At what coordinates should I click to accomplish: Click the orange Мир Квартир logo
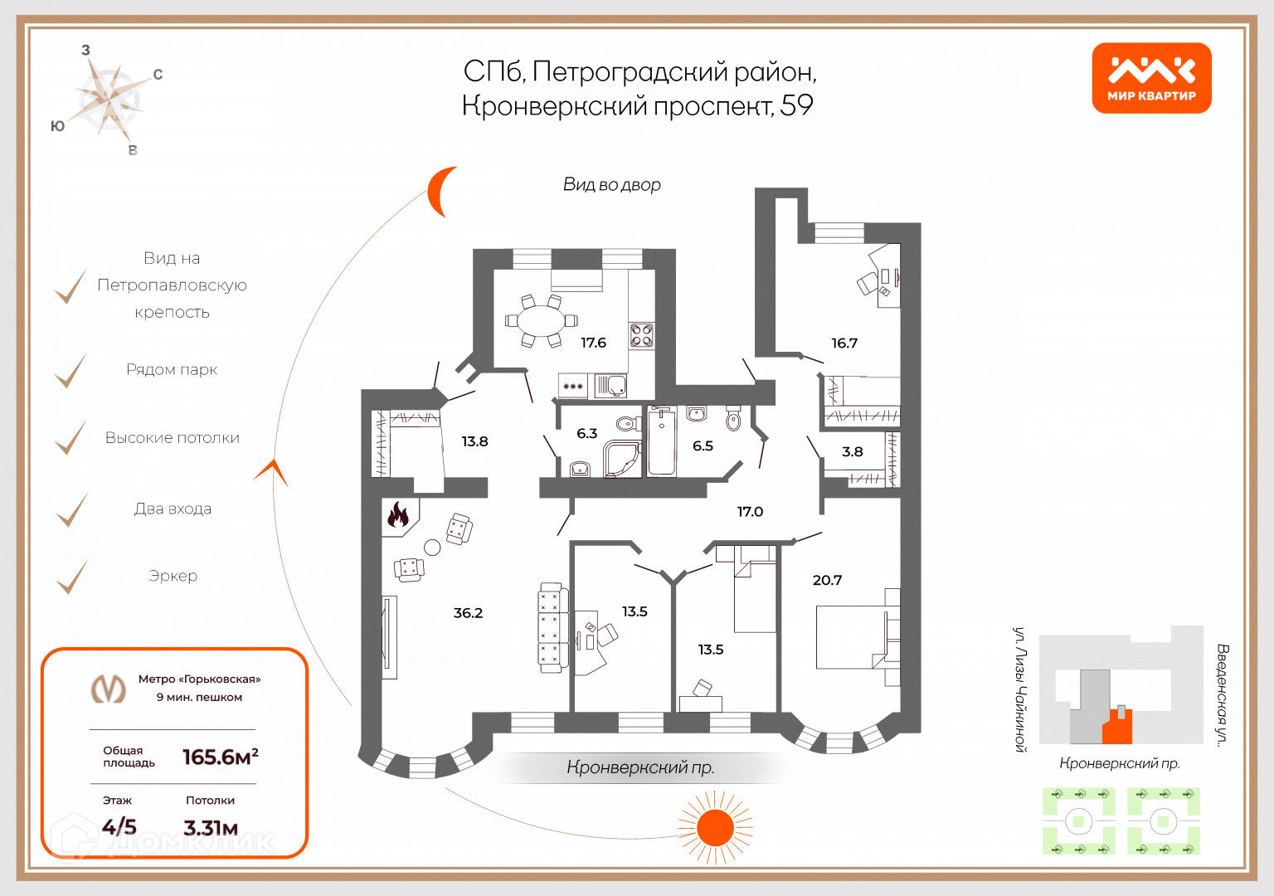[x=1151, y=78]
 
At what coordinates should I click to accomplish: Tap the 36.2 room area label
[x=468, y=613]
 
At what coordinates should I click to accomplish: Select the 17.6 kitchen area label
[x=593, y=343]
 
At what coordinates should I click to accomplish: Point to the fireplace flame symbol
[x=399, y=516]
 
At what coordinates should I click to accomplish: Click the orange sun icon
[x=714, y=827]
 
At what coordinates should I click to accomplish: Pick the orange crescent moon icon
[x=440, y=191]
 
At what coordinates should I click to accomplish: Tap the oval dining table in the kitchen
[x=540, y=321]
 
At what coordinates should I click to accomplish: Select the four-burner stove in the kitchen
[x=641, y=335]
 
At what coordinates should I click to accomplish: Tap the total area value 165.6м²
[x=220, y=757]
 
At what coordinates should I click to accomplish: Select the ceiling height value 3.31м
[x=211, y=827]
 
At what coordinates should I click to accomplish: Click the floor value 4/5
[x=119, y=826]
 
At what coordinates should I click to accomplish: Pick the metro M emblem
[x=109, y=689]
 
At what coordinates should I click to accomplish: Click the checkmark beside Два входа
[x=72, y=509]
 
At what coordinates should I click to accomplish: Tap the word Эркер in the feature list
[x=173, y=576]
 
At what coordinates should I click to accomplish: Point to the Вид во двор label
[x=612, y=185]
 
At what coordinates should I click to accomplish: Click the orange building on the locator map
[x=1117, y=727]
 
